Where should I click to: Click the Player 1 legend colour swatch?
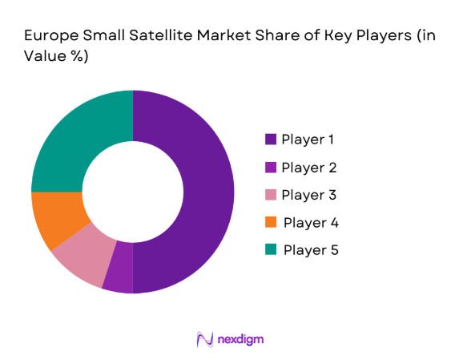pyautogui.click(x=271, y=140)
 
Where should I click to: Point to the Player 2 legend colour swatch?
pyautogui.click(x=271, y=168)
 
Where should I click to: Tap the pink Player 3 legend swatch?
pyautogui.click(x=271, y=195)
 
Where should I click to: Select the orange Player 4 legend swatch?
pyautogui.click(x=271, y=222)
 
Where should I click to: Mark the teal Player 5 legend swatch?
pyautogui.click(x=271, y=250)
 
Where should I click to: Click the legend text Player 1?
pyautogui.click(x=308, y=140)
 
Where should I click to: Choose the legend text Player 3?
pyautogui.click(x=308, y=195)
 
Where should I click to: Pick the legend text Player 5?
pyautogui.click(x=311, y=250)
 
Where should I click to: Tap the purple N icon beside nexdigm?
pyautogui.click(x=204, y=339)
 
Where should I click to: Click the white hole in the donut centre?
pyautogui.click(x=132, y=192)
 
